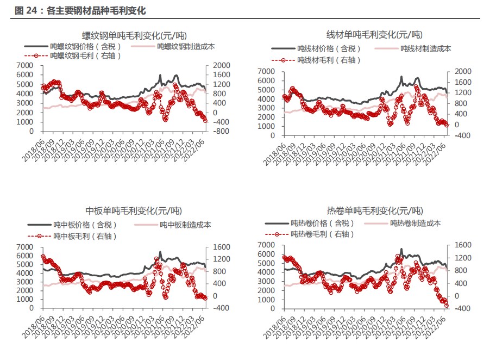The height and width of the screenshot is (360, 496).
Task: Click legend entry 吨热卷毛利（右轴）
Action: (x=322, y=234)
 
